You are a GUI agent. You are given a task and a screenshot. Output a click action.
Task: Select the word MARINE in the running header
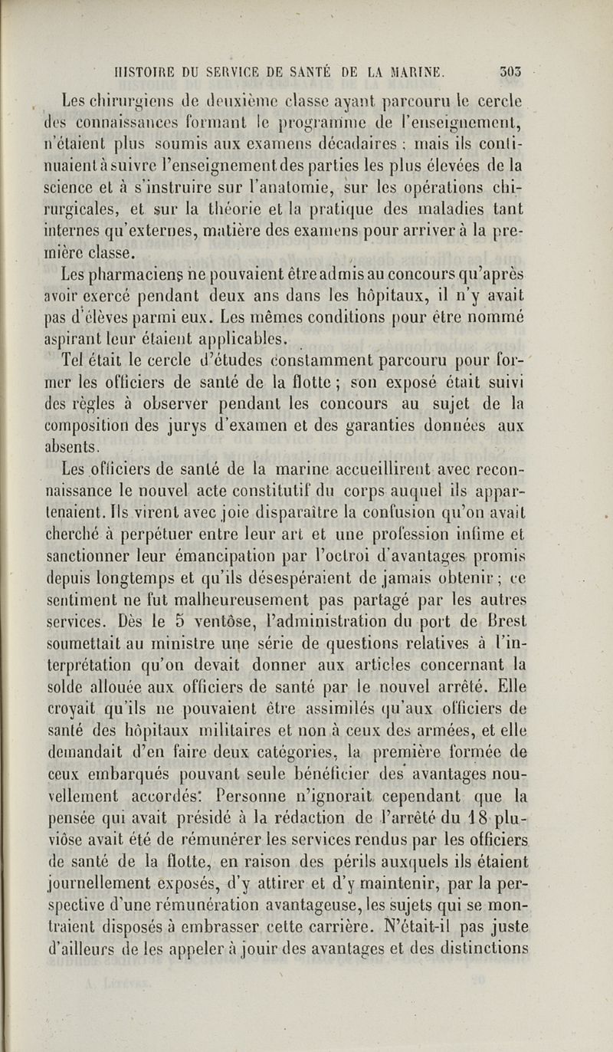coord(418,73)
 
